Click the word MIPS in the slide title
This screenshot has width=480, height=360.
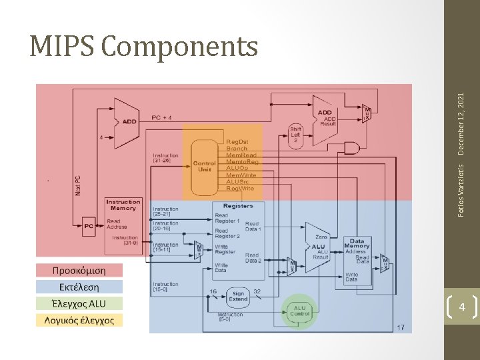63,46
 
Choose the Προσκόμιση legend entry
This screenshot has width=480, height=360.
79,271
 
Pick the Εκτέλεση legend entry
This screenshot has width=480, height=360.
79,287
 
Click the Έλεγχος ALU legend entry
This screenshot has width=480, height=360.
79,303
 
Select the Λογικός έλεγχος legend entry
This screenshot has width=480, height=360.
79,320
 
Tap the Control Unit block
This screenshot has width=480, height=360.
204,166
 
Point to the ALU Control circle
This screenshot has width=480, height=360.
299,310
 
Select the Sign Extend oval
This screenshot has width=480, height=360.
238,296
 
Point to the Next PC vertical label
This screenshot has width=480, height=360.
78,185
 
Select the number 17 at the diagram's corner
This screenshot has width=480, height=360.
400,327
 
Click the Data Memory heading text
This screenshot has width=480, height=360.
357,243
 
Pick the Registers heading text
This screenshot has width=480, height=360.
238,206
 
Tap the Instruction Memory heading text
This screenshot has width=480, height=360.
123,205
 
